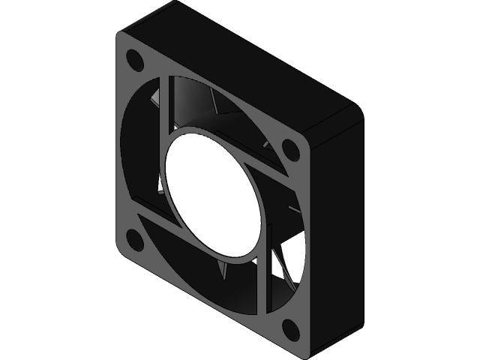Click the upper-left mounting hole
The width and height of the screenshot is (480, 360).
[136, 60]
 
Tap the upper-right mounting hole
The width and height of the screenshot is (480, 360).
[289, 148]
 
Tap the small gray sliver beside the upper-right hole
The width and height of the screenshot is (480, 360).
[267, 142]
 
